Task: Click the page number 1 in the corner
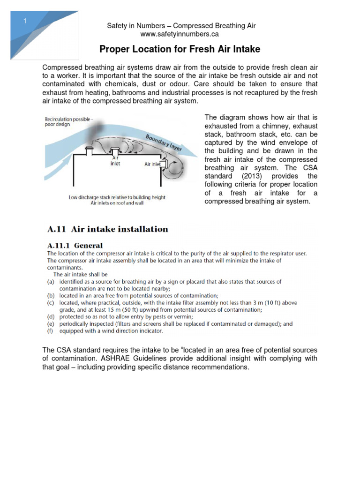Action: point(25,21)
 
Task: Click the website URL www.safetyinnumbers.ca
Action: point(180,34)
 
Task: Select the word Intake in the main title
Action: point(243,49)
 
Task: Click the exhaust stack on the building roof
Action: point(90,150)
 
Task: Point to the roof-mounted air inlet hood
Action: point(114,151)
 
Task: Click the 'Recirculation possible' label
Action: point(68,120)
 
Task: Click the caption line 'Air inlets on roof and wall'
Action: point(117,203)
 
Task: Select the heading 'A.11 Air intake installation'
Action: point(108,229)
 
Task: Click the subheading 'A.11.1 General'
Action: point(75,245)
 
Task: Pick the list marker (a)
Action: point(50,282)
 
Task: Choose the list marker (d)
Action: point(50,316)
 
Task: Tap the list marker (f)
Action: point(50,330)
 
